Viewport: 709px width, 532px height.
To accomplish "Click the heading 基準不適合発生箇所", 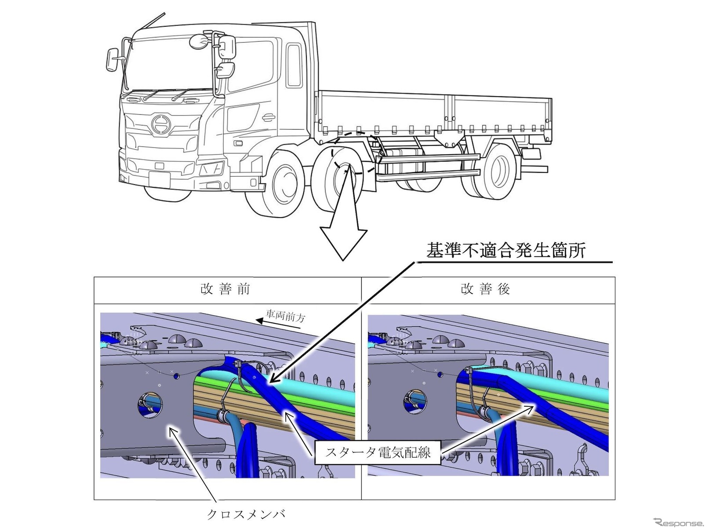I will pos(505,251).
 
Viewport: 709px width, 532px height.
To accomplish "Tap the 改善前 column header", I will pos(225,289).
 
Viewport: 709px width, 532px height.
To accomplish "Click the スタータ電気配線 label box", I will pos(378,452).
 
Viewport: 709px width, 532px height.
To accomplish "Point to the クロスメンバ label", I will pos(246,514).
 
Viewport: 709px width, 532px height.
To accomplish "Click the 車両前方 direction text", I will pos(286,316).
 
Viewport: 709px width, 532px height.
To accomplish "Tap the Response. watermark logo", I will pos(678,523).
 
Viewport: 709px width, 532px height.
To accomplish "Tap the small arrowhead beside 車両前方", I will pos(260,321).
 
